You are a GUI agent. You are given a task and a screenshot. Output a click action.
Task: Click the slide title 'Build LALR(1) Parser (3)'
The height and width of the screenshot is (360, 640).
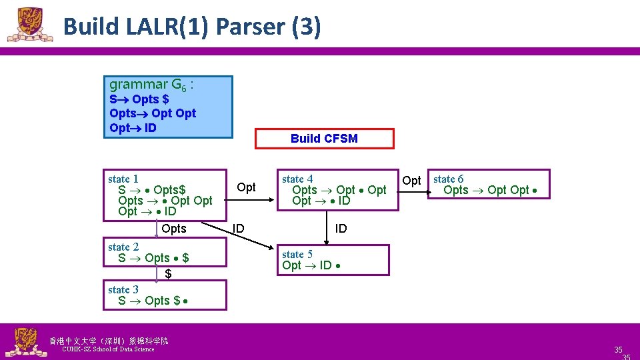[x=192, y=27]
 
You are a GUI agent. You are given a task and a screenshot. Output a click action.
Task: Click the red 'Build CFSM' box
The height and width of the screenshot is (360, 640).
[x=324, y=139]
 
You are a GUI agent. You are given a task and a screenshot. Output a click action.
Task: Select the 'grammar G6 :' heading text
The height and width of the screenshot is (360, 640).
[x=151, y=85]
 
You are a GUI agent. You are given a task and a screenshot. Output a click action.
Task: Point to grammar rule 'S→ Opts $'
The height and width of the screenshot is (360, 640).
[x=139, y=99]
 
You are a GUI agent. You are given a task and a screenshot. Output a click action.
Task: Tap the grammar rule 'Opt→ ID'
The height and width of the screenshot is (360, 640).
[x=133, y=127]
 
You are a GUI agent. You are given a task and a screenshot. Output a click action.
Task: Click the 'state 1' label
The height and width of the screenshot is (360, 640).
[x=123, y=179]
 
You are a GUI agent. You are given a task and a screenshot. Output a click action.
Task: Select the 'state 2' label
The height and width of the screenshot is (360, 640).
[x=123, y=247]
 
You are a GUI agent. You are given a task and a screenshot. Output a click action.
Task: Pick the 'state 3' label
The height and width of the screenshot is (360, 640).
[x=123, y=289]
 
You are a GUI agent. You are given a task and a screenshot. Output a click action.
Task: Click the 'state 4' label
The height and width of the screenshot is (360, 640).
[x=297, y=179]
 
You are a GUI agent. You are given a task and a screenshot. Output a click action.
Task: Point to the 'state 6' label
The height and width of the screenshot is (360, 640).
[x=449, y=179]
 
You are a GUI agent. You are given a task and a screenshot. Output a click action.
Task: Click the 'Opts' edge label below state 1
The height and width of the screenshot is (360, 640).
[x=174, y=229]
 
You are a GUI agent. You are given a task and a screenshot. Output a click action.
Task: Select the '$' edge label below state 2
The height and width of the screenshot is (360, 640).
[x=169, y=274]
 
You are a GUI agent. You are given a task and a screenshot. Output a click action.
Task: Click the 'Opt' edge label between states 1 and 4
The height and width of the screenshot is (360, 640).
[x=247, y=187]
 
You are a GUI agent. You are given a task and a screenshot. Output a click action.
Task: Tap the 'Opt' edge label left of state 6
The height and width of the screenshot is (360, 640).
[x=412, y=181]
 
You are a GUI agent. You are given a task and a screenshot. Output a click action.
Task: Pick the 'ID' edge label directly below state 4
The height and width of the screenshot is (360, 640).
[x=341, y=229]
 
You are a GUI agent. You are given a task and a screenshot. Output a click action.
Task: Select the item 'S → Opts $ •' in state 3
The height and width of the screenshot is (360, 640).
[x=153, y=301]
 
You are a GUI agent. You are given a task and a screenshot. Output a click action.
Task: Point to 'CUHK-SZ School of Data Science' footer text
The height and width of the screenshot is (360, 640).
[x=107, y=349]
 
